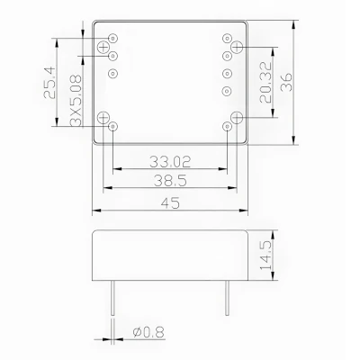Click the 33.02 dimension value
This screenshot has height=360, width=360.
(173, 162)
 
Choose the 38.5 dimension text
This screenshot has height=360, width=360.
(173, 180)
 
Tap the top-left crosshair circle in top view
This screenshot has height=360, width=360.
(106, 45)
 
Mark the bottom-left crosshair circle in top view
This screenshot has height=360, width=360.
(106, 118)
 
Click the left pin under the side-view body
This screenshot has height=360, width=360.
(112, 297)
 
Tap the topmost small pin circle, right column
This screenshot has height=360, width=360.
(225, 38)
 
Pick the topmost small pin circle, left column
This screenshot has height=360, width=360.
(112, 38)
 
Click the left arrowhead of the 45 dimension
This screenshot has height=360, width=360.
(95, 211)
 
